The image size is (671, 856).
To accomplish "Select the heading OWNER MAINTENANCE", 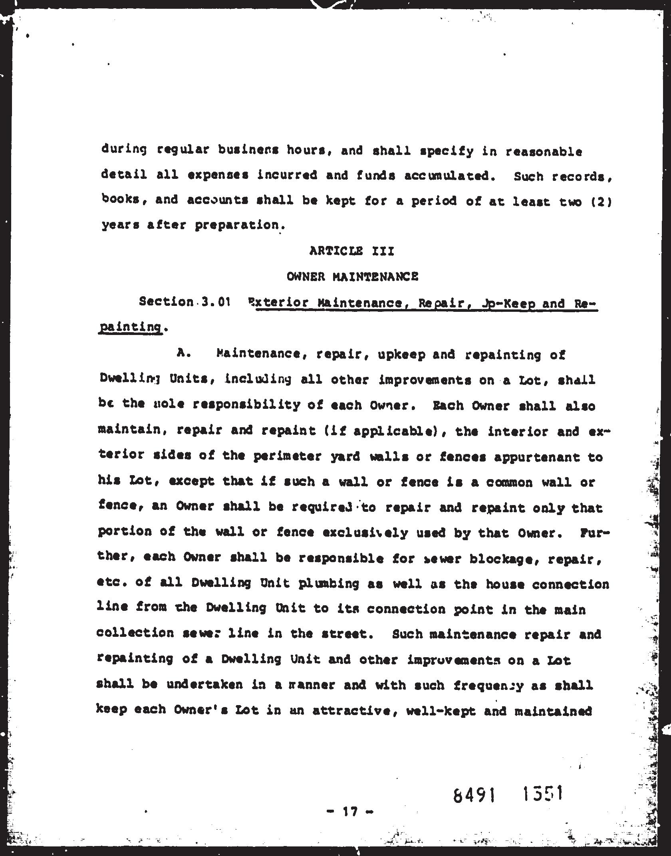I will click(353, 276).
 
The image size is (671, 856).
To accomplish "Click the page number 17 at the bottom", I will click(349, 811).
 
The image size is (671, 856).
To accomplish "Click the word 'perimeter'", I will click(287, 456).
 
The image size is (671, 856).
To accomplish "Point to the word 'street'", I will click(343, 634).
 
